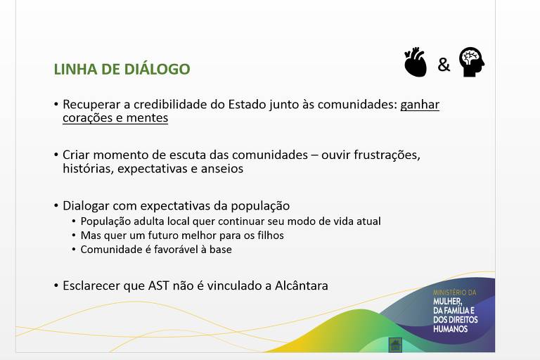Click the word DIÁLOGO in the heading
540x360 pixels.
coord(157,69)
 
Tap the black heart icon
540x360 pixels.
coord(416,62)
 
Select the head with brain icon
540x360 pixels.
coord(472,62)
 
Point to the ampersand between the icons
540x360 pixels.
coord(444,65)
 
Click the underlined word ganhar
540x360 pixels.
coord(420,105)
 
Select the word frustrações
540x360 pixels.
coord(387,155)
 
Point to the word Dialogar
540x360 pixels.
coord(86,206)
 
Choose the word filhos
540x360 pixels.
coord(271,236)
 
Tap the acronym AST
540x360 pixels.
coord(159,285)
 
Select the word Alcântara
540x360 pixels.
coord(302,285)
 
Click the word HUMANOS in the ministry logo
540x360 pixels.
coord(451,329)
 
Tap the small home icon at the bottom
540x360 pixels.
coord(395,345)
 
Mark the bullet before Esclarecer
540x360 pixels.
coord(56,285)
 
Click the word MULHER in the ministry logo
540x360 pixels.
coord(447,302)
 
